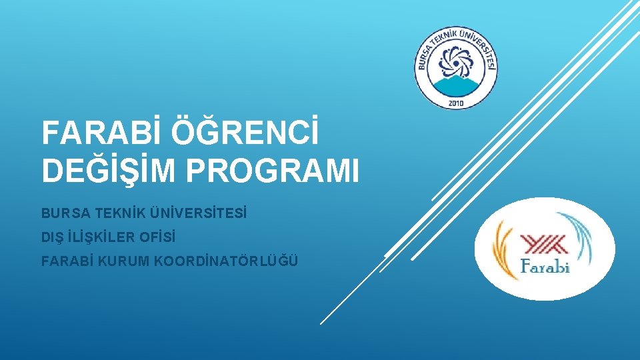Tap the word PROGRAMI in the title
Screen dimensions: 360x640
pos(273,171)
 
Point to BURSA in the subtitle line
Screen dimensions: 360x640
pos(61,214)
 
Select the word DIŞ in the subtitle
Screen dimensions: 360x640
pos(51,237)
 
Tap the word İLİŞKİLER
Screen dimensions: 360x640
pos(100,237)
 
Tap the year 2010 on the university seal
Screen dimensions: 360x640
pos(457,103)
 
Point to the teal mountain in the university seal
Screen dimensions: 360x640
pos(457,85)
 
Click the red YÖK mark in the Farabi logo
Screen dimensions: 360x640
pos(543,244)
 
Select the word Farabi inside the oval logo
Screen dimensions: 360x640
pos(545,268)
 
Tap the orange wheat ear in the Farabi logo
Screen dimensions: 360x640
pos(503,250)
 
